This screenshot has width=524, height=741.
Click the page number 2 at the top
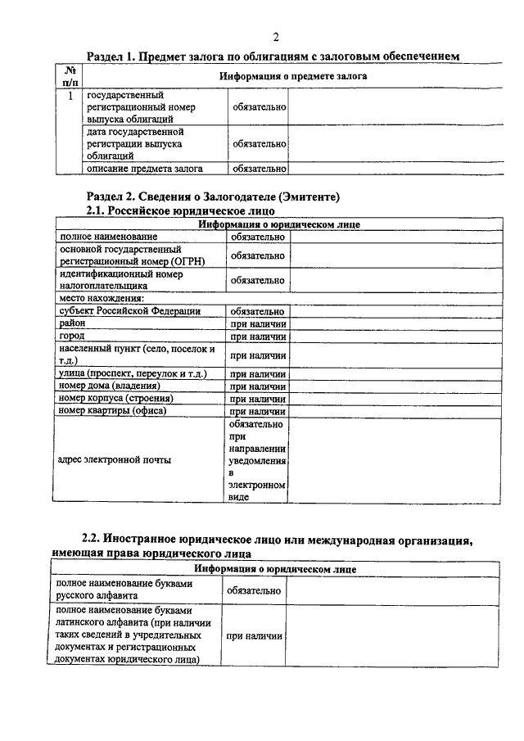coord(276,37)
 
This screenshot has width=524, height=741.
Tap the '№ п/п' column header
coord(71,76)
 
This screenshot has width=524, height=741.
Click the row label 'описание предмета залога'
coord(144,169)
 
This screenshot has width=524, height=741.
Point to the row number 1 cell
coord(71,96)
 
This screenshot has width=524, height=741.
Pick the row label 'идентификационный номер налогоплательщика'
coord(120,280)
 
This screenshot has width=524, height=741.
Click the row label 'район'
coord(72,324)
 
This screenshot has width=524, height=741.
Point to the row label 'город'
coord(71,337)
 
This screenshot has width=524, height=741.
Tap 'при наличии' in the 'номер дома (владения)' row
coord(257,386)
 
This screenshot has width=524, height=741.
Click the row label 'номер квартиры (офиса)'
coord(112,410)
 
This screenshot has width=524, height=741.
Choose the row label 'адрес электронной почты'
coord(115,460)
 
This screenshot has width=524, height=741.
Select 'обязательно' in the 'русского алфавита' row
coord(255,590)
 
